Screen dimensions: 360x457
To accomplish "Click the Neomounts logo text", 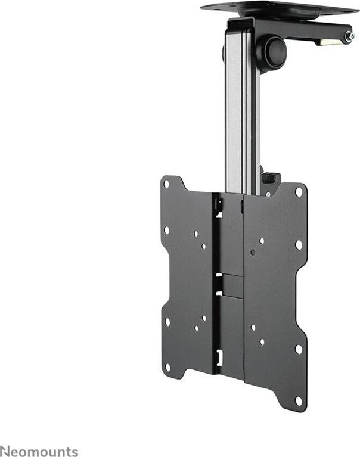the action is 39,451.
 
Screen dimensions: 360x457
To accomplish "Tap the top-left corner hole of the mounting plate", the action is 166,184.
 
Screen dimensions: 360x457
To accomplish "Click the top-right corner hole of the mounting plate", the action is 299,192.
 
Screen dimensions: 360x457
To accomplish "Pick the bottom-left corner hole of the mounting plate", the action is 167,367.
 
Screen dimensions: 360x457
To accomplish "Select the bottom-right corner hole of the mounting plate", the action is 299,401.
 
